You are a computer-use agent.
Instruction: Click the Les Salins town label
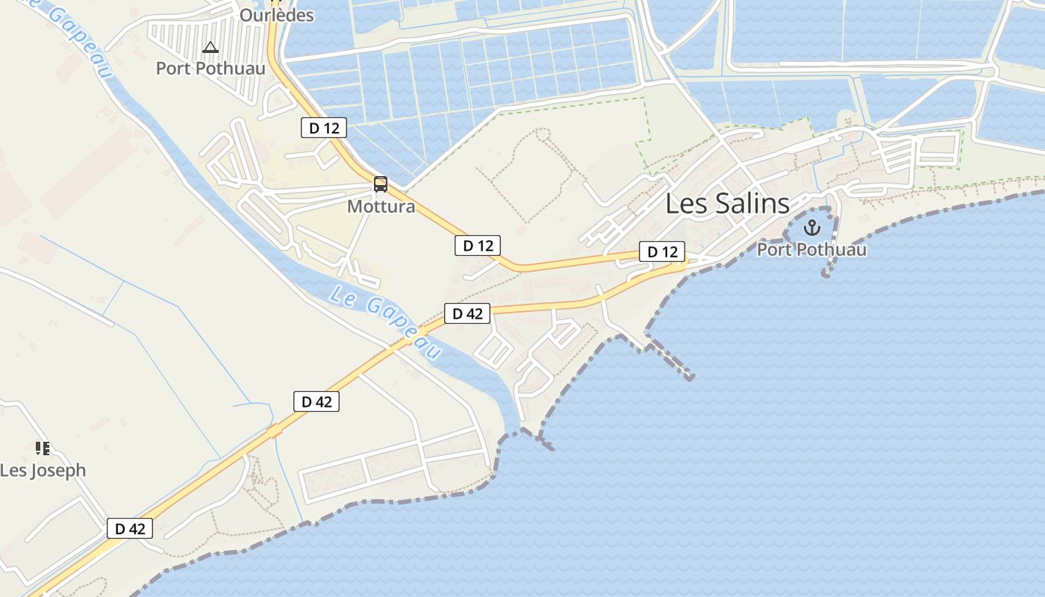[726, 204]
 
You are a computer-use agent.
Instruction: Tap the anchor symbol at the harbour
[811, 228]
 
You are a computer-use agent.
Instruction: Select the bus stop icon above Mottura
[381, 184]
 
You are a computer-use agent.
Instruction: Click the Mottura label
[381, 206]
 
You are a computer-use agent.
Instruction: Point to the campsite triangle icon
[210, 48]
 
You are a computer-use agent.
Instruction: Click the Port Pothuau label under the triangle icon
[210, 69]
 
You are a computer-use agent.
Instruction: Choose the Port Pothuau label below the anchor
[811, 249]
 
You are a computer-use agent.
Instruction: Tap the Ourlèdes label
[276, 15]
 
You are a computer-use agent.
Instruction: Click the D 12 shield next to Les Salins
[662, 252]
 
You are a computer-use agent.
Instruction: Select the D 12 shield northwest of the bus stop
[324, 128]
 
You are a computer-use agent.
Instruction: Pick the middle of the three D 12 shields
[478, 246]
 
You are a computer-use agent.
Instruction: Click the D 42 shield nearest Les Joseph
[130, 529]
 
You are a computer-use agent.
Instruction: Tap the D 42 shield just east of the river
[467, 313]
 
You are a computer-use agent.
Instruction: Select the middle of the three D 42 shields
[316, 401]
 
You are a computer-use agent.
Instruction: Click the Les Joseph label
[43, 471]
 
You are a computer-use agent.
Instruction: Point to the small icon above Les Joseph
[43, 448]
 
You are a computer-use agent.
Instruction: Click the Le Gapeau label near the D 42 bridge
[385, 322]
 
